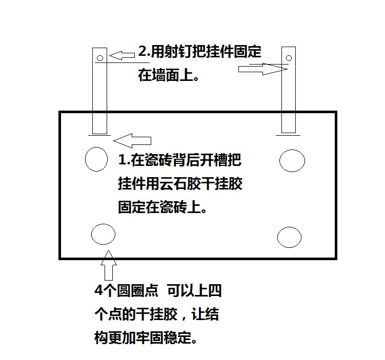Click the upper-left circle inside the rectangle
(96, 159)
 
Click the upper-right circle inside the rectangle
(292, 160)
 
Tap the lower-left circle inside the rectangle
(103, 235)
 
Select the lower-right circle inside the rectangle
(289, 237)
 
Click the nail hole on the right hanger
(289, 56)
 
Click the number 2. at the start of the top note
(144, 52)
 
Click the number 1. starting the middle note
(124, 160)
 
